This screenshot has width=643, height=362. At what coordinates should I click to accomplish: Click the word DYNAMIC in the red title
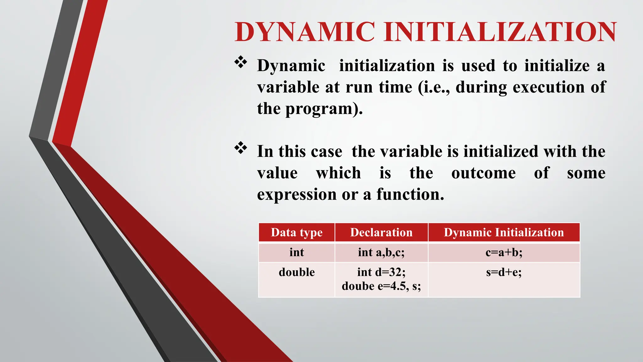point(305,32)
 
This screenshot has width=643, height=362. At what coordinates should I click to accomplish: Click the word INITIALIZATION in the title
point(500,32)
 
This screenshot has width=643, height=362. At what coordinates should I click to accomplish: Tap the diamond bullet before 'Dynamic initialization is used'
point(240,62)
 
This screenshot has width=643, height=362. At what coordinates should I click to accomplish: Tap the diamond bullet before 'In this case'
point(240,148)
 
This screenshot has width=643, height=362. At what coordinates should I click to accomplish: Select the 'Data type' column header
point(296,233)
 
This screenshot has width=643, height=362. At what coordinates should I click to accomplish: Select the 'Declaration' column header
point(381,233)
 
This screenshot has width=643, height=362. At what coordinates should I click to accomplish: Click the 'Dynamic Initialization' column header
point(504,233)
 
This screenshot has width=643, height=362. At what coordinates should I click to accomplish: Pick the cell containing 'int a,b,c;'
point(381,252)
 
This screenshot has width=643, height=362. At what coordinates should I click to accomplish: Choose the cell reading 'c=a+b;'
point(504,252)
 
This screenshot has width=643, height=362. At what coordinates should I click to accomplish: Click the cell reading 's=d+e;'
point(504,272)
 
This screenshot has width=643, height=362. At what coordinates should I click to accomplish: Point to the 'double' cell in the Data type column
point(296,272)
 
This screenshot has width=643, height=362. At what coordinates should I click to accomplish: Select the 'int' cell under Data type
point(296,252)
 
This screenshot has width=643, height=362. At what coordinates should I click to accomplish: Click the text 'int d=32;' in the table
point(381,272)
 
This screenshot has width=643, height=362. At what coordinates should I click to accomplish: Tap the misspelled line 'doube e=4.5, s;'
point(381,286)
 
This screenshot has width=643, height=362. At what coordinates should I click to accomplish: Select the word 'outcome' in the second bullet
point(483,173)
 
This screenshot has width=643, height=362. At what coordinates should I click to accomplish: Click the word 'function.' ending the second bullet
point(410,195)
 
